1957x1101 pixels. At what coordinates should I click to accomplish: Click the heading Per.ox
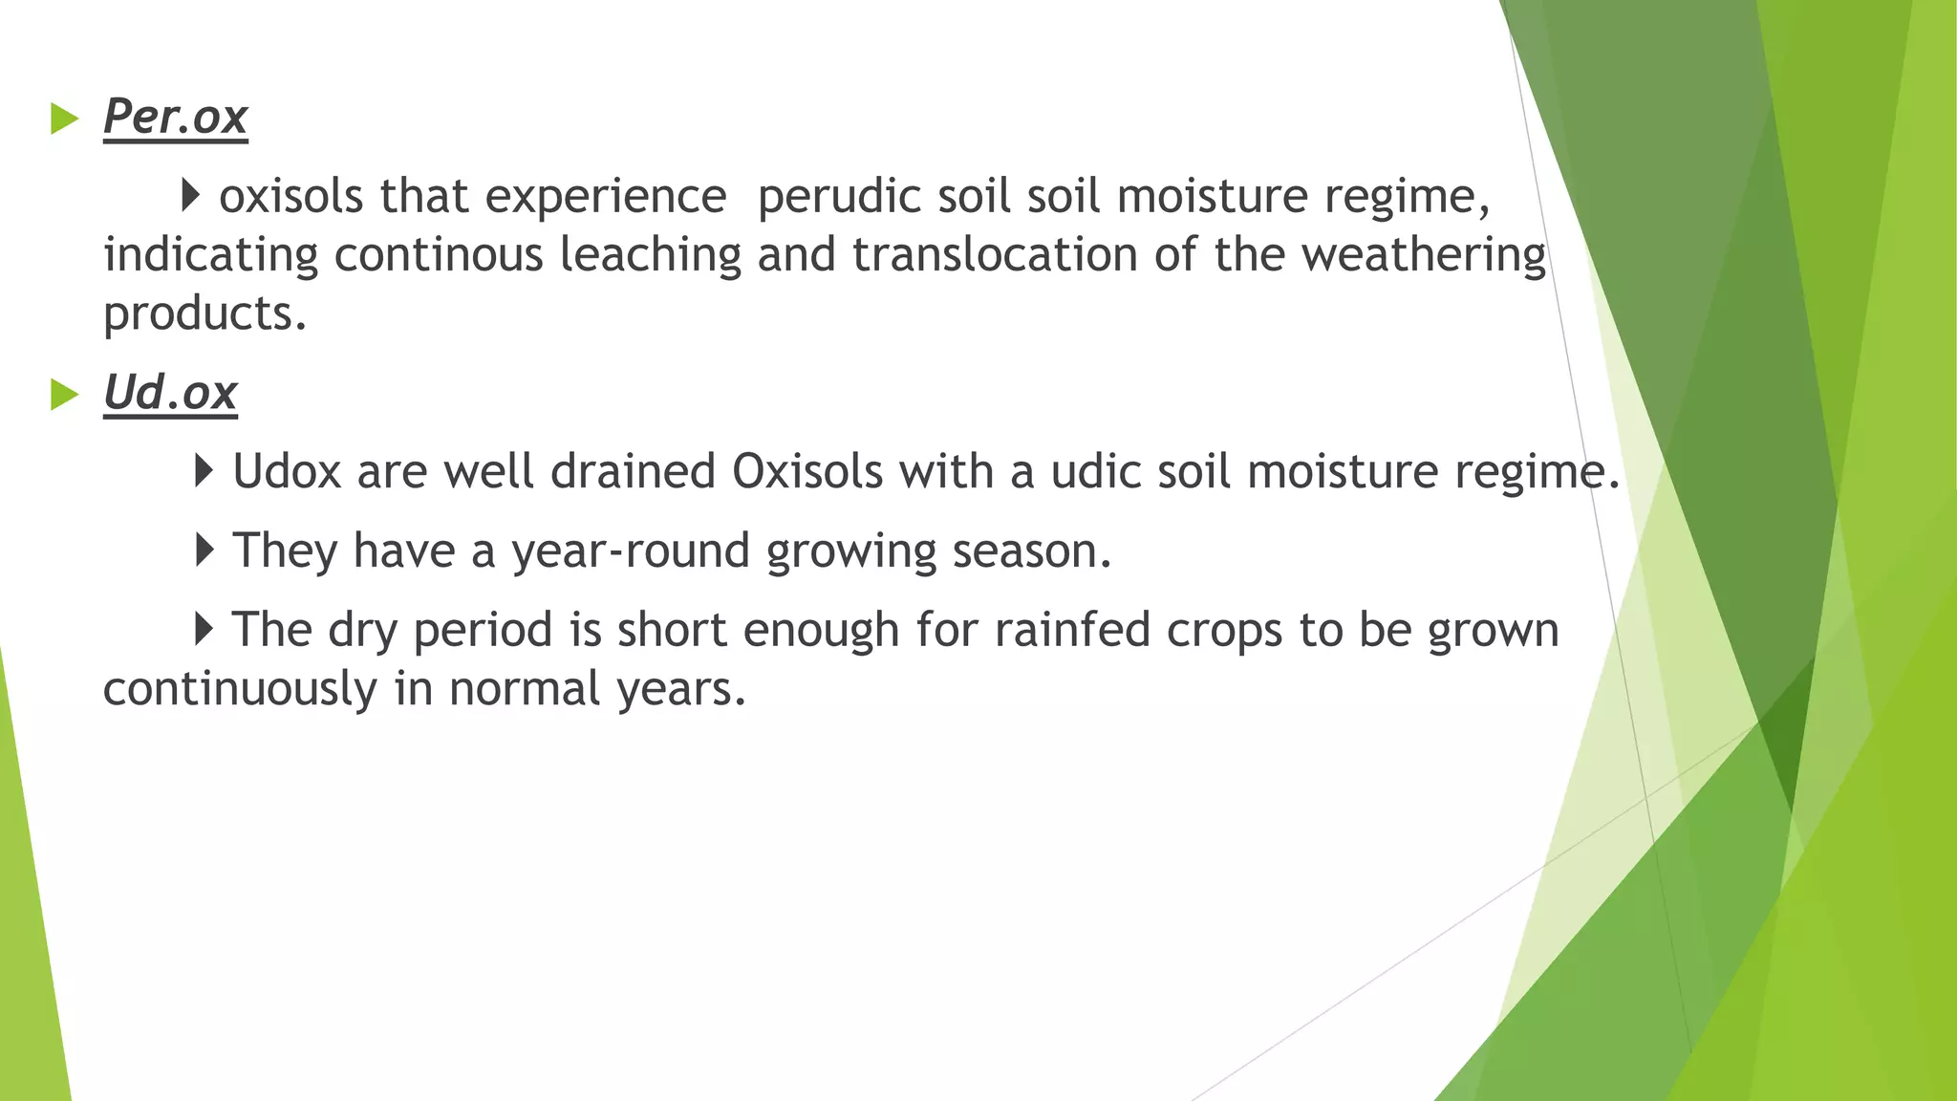click(175, 118)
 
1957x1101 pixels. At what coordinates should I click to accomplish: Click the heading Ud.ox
click(170, 393)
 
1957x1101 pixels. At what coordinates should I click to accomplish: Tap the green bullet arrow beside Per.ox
click(64, 119)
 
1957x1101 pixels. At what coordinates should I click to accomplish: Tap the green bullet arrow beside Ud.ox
click(64, 395)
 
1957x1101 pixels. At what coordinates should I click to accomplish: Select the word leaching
click(650, 256)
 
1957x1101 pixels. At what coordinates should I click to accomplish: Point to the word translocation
click(995, 255)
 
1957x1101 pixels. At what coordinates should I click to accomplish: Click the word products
click(204, 314)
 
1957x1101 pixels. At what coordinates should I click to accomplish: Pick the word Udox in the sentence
click(287, 472)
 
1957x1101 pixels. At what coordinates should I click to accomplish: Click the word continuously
click(240, 689)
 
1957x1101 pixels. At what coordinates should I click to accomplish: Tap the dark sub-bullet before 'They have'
click(204, 550)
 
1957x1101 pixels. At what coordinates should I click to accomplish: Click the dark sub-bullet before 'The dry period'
click(204, 629)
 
